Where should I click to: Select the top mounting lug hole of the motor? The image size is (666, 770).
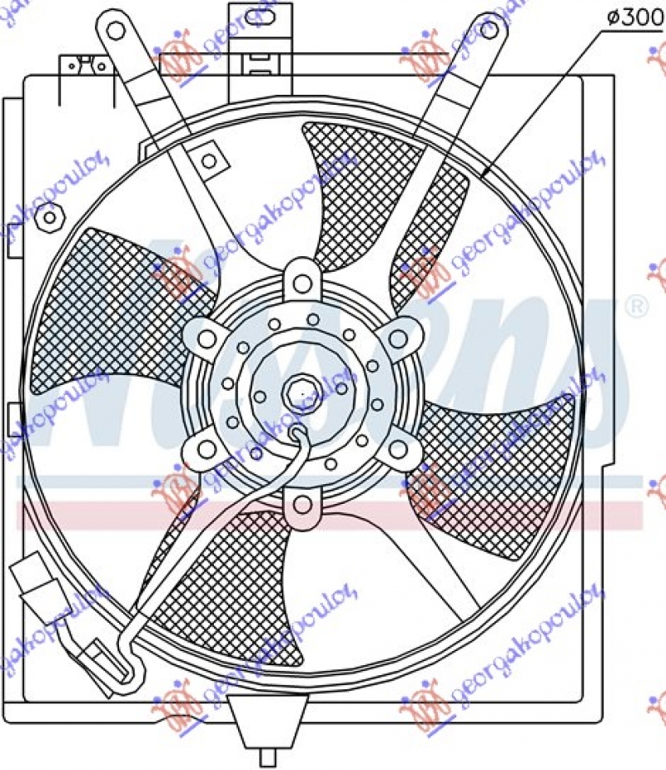301,282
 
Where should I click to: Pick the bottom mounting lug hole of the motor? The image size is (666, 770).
301,504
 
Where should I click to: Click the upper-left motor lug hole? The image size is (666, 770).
205,338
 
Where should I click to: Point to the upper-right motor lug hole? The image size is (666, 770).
399,338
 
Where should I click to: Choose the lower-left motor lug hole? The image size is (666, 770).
205,450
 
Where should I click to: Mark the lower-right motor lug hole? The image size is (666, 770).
399,450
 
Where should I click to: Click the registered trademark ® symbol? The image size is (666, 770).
635,307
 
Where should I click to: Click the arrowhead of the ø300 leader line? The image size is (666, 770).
485,174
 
